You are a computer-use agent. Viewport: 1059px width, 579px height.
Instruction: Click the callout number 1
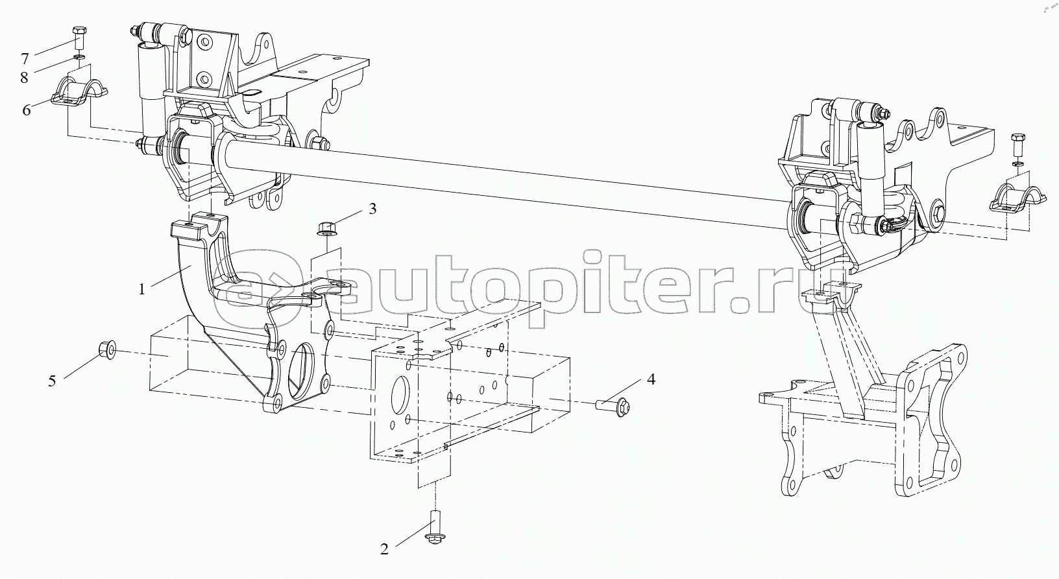click(141, 289)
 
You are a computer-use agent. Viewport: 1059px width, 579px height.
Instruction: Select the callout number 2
click(384, 550)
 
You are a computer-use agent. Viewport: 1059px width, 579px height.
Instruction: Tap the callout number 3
click(372, 209)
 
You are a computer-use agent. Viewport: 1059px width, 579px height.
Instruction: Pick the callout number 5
click(52, 381)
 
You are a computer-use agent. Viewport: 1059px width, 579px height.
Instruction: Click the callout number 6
click(27, 110)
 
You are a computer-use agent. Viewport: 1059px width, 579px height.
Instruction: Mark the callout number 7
click(25, 59)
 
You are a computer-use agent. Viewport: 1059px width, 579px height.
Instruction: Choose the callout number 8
click(25, 78)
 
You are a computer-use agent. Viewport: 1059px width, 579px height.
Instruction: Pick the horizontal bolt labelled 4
click(614, 405)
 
